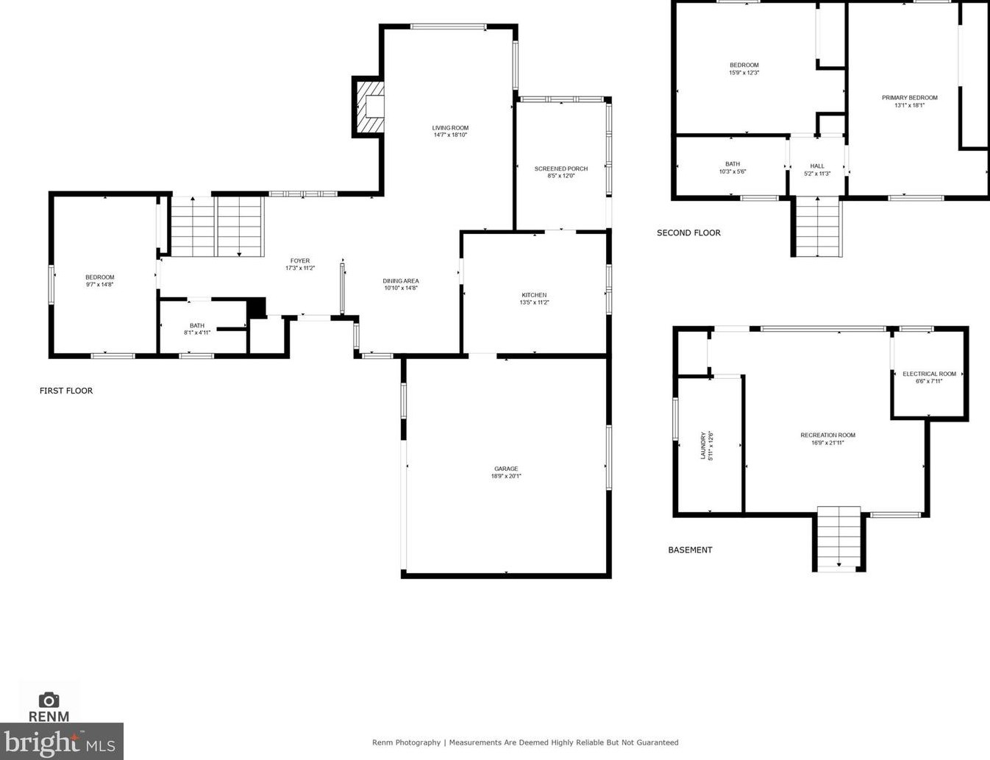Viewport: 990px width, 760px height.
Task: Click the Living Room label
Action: (450, 131)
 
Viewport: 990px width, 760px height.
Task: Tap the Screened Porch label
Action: (560, 172)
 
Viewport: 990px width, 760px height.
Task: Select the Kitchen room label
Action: (534, 298)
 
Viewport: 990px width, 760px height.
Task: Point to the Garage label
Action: (506, 472)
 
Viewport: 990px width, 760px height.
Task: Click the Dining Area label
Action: (401, 284)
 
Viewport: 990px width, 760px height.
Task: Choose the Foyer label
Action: (300, 264)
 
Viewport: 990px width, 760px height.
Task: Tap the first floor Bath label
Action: (197, 329)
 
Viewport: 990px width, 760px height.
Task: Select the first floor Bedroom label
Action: (99, 280)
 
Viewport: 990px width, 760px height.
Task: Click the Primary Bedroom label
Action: (910, 101)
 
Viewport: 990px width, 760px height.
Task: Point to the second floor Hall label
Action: (817, 169)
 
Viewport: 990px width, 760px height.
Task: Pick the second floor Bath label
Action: (733, 167)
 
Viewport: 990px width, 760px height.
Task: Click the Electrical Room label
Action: (929, 377)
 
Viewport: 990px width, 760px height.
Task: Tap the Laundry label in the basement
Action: (706, 446)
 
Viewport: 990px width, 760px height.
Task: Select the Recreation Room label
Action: (827, 438)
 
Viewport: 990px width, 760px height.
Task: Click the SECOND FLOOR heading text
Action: (688, 232)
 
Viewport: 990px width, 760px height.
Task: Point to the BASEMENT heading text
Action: (690, 550)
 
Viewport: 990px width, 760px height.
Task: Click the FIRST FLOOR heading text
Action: (66, 391)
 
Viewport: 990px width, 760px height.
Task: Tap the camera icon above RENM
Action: (49, 700)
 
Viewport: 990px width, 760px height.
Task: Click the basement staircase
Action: (838, 537)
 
